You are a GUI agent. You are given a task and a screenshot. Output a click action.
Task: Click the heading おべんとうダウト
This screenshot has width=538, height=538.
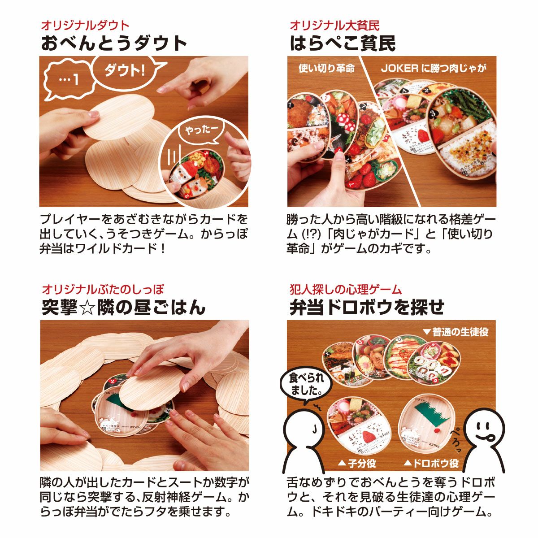[114, 43]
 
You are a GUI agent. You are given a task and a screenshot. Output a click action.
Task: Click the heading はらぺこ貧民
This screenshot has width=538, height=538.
[343, 43]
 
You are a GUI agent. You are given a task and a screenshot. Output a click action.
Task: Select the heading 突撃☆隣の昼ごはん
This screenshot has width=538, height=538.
[123, 308]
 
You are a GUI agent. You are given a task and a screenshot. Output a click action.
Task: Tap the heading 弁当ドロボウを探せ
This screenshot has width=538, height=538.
[367, 308]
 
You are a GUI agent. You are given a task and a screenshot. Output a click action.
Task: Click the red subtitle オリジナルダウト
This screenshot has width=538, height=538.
[85, 26]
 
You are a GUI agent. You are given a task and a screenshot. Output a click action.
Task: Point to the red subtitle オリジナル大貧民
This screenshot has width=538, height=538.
[334, 26]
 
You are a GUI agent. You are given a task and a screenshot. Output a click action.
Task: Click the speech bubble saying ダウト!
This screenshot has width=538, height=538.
[125, 70]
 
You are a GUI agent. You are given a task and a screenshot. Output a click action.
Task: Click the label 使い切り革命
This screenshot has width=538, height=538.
[326, 68]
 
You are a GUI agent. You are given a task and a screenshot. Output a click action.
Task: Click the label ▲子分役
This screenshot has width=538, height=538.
[356, 463]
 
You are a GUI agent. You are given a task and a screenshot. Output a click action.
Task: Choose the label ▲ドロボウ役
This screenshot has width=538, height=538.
[431, 463]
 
